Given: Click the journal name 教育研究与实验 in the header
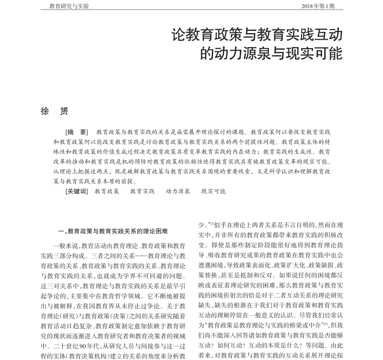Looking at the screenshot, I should click(x=69, y=6).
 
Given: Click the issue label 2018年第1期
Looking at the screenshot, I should click(x=317, y=6).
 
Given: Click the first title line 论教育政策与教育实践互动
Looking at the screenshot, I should click(x=257, y=35).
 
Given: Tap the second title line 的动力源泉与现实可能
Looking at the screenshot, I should click(x=271, y=53).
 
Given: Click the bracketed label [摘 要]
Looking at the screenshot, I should click(x=77, y=132).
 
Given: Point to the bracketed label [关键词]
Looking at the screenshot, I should click(x=77, y=191).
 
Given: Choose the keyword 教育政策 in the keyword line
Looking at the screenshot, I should click(x=107, y=191).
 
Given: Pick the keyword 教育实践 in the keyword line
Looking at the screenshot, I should click(x=143, y=191).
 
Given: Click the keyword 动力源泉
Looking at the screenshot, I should click(x=178, y=191).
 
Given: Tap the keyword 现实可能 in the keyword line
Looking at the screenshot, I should click(x=214, y=191).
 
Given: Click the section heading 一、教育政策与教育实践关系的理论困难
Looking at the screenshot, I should click(x=113, y=231).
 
